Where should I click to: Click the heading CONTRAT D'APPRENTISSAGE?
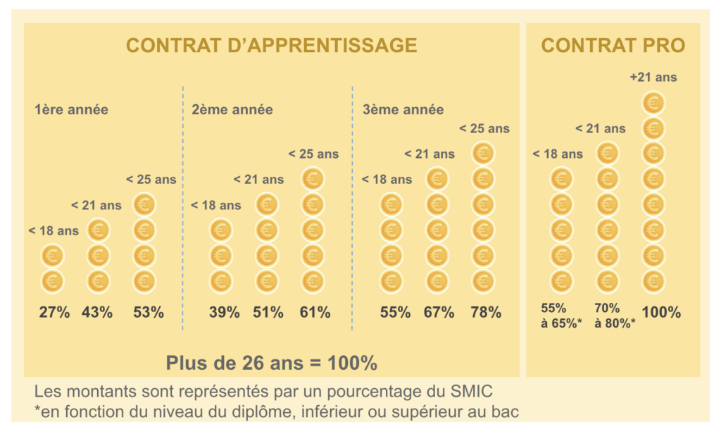(x=271, y=46)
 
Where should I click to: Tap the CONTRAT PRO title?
(x=613, y=46)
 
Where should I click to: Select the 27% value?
(x=54, y=312)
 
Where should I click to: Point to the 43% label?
(x=97, y=312)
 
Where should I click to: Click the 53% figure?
(x=148, y=312)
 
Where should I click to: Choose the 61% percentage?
(x=315, y=312)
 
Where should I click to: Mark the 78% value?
(x=486, y=312)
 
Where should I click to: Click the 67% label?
(x=439, y=312)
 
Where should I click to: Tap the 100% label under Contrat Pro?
(x=660, y=312)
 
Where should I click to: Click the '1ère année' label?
(x=71, y=110)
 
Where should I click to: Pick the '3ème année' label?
(x=403, y=110)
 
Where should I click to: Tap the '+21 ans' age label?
(x=653, y=77)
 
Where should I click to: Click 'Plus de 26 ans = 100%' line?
(x=271, y=363)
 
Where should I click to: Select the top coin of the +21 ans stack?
(x=653, y=104)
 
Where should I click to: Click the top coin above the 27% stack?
(x=52, y=256)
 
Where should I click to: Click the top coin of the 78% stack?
(x=482, y=154)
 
